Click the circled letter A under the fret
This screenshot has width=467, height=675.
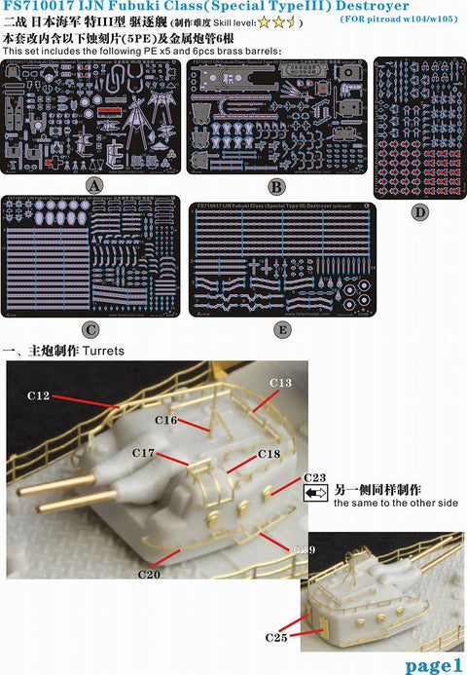point(93,183)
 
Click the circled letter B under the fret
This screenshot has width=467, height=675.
point(275,185)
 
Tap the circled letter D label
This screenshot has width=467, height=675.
point(419,209)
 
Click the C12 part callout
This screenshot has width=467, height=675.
point(39,396)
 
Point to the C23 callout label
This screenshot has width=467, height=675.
point(314,477)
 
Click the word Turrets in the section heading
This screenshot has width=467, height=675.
point(104,350)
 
